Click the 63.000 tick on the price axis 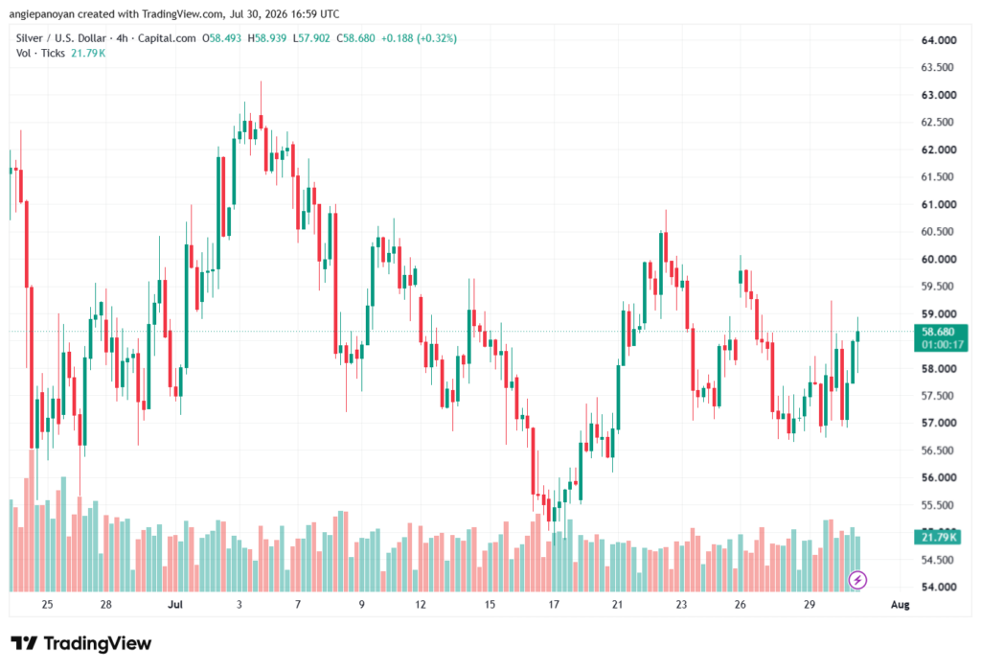coord(939,95)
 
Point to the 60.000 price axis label coord(939,259)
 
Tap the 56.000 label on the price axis coord(939,477)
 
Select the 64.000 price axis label coord(939,40)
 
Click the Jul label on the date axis coord(175,604)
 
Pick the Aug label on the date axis coord(900,604)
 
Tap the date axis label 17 coord(554,604)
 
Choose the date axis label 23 coord(681,604)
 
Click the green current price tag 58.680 coord(941,338)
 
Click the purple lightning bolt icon coord(857,580)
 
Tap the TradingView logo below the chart coord(81,644)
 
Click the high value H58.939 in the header coord(267,38)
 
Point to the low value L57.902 coord(311,38)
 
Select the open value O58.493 coord(221,38)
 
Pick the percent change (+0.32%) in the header coord(437,38)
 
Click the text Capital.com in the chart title coord(167,38)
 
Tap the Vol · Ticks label coord(40,54)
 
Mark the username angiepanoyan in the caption coord(42,13)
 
